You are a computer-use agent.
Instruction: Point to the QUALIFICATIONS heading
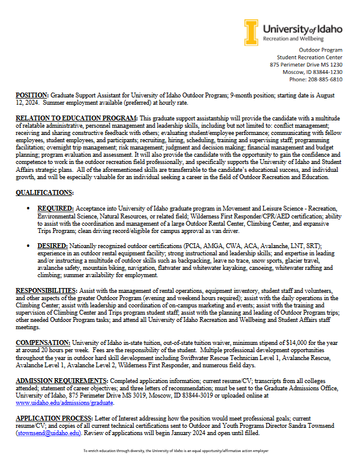pos(44,192)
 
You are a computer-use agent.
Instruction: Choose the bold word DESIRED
pos(51,247)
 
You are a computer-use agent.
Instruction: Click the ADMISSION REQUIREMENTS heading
pos(61,379)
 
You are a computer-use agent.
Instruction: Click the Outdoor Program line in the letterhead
pos(321,50)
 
